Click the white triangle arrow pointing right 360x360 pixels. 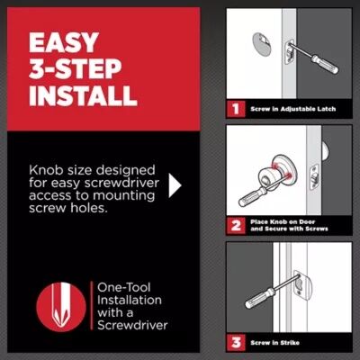(x=175, y=185)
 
